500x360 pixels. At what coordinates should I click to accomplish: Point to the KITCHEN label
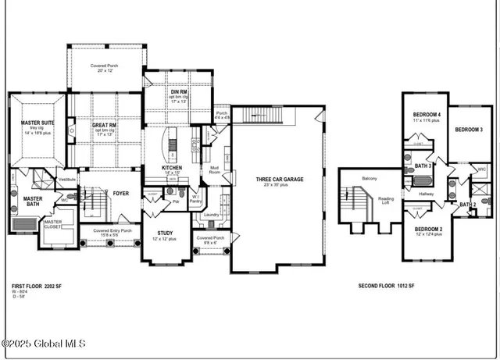tap(173, 168)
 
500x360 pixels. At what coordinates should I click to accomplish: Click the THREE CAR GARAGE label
tap(279, 180)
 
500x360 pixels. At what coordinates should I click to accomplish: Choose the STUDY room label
tap(165, 233)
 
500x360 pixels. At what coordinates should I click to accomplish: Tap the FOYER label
tap(120, 193)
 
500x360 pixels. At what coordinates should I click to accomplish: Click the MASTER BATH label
tap(33, 201)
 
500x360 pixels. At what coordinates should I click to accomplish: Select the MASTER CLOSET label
tap(52, 226)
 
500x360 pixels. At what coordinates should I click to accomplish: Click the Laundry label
tap(210, 215)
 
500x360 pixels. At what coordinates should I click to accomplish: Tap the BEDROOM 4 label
tap(427, 115)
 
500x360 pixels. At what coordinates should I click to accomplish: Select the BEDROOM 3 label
tap(469, 129)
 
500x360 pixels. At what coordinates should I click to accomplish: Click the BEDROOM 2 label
tap(428, 229)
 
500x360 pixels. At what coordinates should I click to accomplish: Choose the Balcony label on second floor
tap(370, 179)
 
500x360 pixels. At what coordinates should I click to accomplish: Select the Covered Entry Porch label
tap(112, 231)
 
